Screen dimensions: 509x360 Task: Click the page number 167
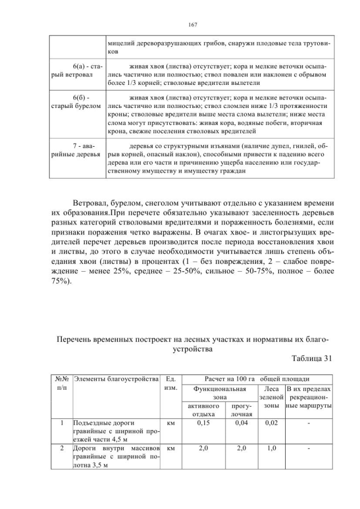[x=191, y=25]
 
